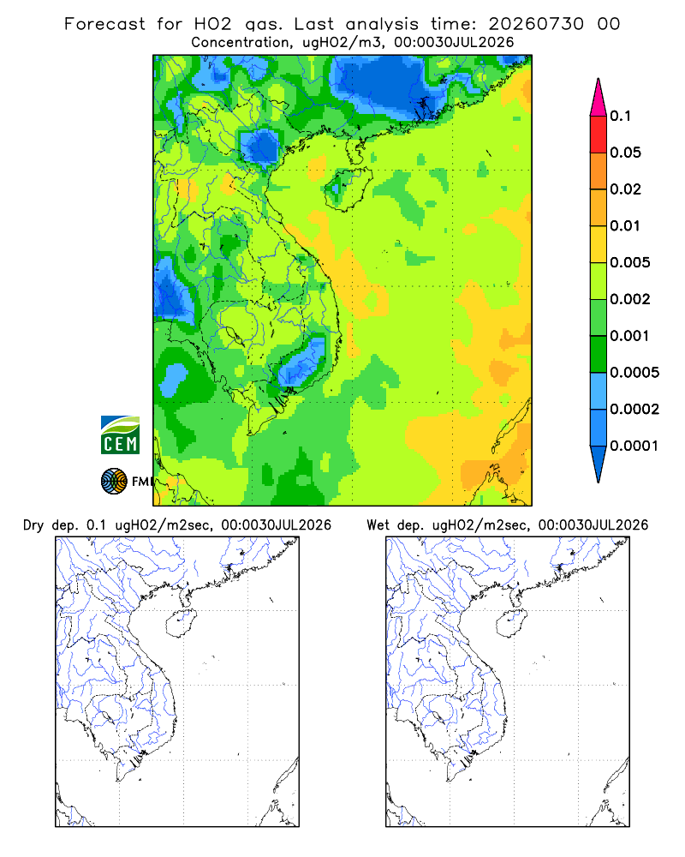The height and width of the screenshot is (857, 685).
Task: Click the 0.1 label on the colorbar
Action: point(620,116)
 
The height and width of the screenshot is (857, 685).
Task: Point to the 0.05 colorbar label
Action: point(625,153)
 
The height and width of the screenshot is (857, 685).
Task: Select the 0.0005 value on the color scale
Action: point(634,373)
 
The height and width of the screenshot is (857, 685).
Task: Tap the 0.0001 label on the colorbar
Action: point(634,446)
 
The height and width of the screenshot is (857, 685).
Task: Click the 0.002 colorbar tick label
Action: point(630,299)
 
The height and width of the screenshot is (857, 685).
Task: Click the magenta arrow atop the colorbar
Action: point(599,98)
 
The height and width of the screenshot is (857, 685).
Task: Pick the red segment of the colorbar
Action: point(599,135)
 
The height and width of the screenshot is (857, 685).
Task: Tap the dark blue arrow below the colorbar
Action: point(599,464)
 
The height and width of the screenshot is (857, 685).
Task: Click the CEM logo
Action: point(120,435)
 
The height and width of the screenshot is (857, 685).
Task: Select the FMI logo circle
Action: point(114,482)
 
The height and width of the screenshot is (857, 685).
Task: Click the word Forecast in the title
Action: point(104,24)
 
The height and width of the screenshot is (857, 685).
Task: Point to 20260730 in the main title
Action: point(536,24)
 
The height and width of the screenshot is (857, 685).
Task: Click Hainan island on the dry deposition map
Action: point(181,622)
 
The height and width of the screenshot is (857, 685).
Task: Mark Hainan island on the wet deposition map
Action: point(511,622)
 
